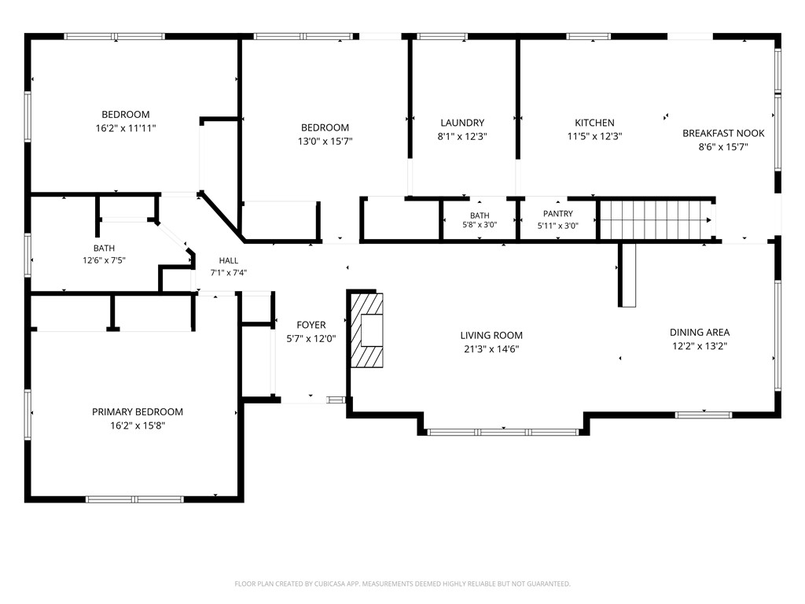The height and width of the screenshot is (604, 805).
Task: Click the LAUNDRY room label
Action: click(x=462, y=123)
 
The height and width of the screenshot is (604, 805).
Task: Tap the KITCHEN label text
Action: click(x=594, y=123)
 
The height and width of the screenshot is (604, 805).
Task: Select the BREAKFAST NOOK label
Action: click(x=723, y=133)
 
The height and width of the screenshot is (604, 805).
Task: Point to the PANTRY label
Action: click(x=558, y=214)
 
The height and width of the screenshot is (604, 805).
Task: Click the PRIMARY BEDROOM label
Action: click(x=137, y=412)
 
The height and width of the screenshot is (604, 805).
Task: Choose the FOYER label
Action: click(x=311, y=325)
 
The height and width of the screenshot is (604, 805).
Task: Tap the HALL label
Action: click(x=229, y=260)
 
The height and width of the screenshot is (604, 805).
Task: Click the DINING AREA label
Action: click(x=700, y=333)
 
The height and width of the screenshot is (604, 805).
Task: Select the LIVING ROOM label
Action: click(x=491, y=335)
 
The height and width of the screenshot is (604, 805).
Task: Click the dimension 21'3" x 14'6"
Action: click(x=491, y=349)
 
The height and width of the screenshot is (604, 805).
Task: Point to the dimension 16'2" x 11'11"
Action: click(x=126, y=128)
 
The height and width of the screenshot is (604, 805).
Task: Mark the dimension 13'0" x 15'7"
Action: click(x=325, y=142)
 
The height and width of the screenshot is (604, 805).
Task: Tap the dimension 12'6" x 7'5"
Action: click(x=105, y=260)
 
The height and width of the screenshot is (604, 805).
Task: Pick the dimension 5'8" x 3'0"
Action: click(x=480, y=224)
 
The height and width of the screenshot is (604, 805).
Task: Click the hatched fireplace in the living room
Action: click(x=366, y=330)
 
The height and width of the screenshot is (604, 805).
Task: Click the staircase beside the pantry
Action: click(x=656, y=220)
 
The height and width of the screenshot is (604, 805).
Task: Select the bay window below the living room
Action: click(x=503, y=432)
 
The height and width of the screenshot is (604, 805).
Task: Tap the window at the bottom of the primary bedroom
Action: click(x=134, y=499)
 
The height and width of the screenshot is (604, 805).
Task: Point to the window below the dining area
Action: click(x=704, y=415)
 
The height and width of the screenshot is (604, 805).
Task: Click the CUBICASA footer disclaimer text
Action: click(x=402, y=584)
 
